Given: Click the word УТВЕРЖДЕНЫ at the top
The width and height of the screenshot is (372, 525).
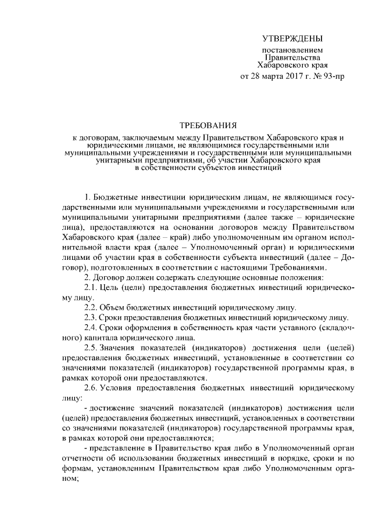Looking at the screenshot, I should tap(291, 39).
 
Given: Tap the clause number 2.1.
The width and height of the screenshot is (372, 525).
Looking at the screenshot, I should tap(92, 289).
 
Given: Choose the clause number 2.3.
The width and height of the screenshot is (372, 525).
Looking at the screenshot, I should tap(92, 318).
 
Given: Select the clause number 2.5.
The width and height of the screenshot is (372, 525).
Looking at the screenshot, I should tap(92, 348).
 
